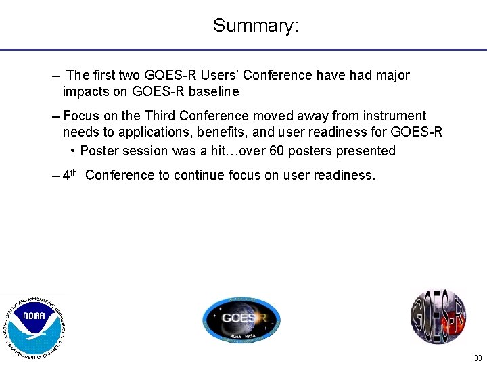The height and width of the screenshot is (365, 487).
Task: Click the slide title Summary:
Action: [256, 26]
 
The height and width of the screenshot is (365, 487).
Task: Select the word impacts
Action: [86, 91]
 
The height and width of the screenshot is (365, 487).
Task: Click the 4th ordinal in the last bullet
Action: [70, 175]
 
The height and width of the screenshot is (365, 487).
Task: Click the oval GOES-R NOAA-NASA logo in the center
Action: [241, 319]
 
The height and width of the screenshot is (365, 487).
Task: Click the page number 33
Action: [478, 358]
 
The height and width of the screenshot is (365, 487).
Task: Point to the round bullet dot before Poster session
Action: [72, 151]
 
